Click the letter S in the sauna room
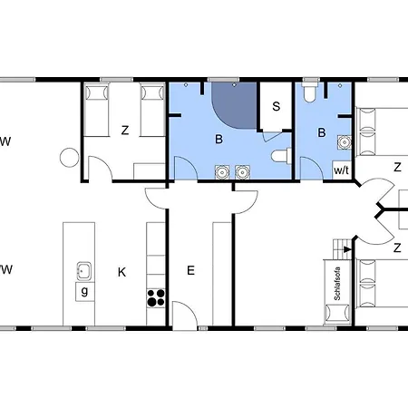[x=276, y=106]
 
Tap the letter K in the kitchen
[x=121, y=272]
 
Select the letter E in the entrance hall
[x=190, y=270]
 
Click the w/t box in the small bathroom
[x=342, y=170]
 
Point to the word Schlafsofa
[x=337, y=284]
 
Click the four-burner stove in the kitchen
[x=156, y=298]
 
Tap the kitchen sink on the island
[x=84, y=271]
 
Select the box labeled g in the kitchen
[x=84, y=291]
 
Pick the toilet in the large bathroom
[x=281, y=156]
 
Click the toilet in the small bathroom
[x=309, y=92]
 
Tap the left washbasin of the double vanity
[x=222, y=172]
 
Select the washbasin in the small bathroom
[x=345, y=142]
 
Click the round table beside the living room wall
[x=70, y=158]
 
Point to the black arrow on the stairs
[x=347, y=249]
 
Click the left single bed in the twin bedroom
[x=96, y=111]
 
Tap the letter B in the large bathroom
[x=219, y=139]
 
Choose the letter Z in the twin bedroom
[x=125, y=131]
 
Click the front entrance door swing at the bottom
[x=185, y=315]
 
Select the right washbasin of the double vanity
[x=242, y=172]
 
